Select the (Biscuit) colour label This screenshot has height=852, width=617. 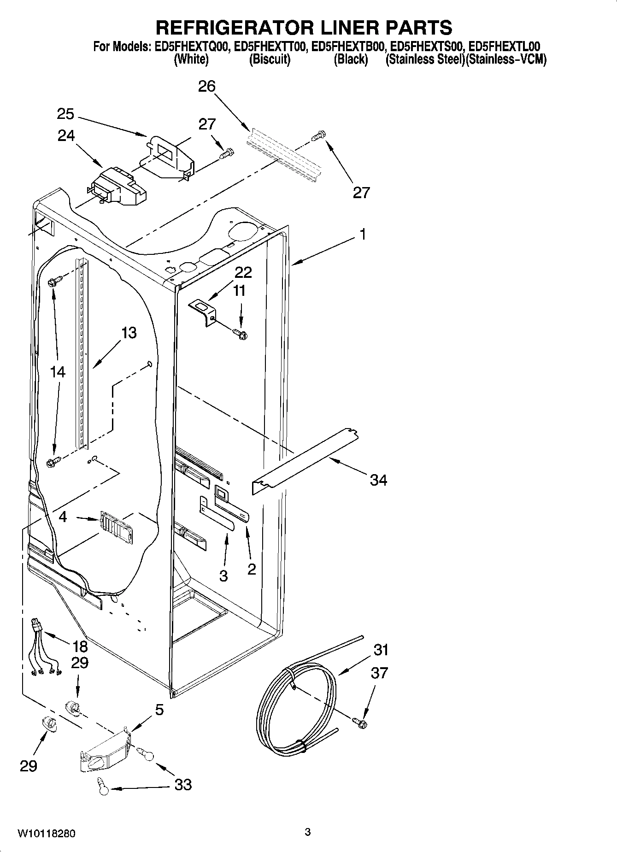(270, 59)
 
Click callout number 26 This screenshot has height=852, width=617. (207, 86)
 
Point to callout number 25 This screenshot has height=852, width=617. (66, 114)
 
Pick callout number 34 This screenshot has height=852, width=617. (379, 480)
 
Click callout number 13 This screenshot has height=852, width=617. (129, 333)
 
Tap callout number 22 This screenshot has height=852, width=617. (243, 272)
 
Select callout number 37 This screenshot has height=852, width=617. (379, 673)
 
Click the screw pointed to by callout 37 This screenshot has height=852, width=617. (360, 723)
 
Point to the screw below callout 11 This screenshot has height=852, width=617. (240, 334)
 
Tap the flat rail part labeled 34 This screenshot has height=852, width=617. (304, 462)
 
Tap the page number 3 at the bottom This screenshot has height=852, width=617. (307, 832)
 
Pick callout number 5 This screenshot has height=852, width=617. (159, 710)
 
